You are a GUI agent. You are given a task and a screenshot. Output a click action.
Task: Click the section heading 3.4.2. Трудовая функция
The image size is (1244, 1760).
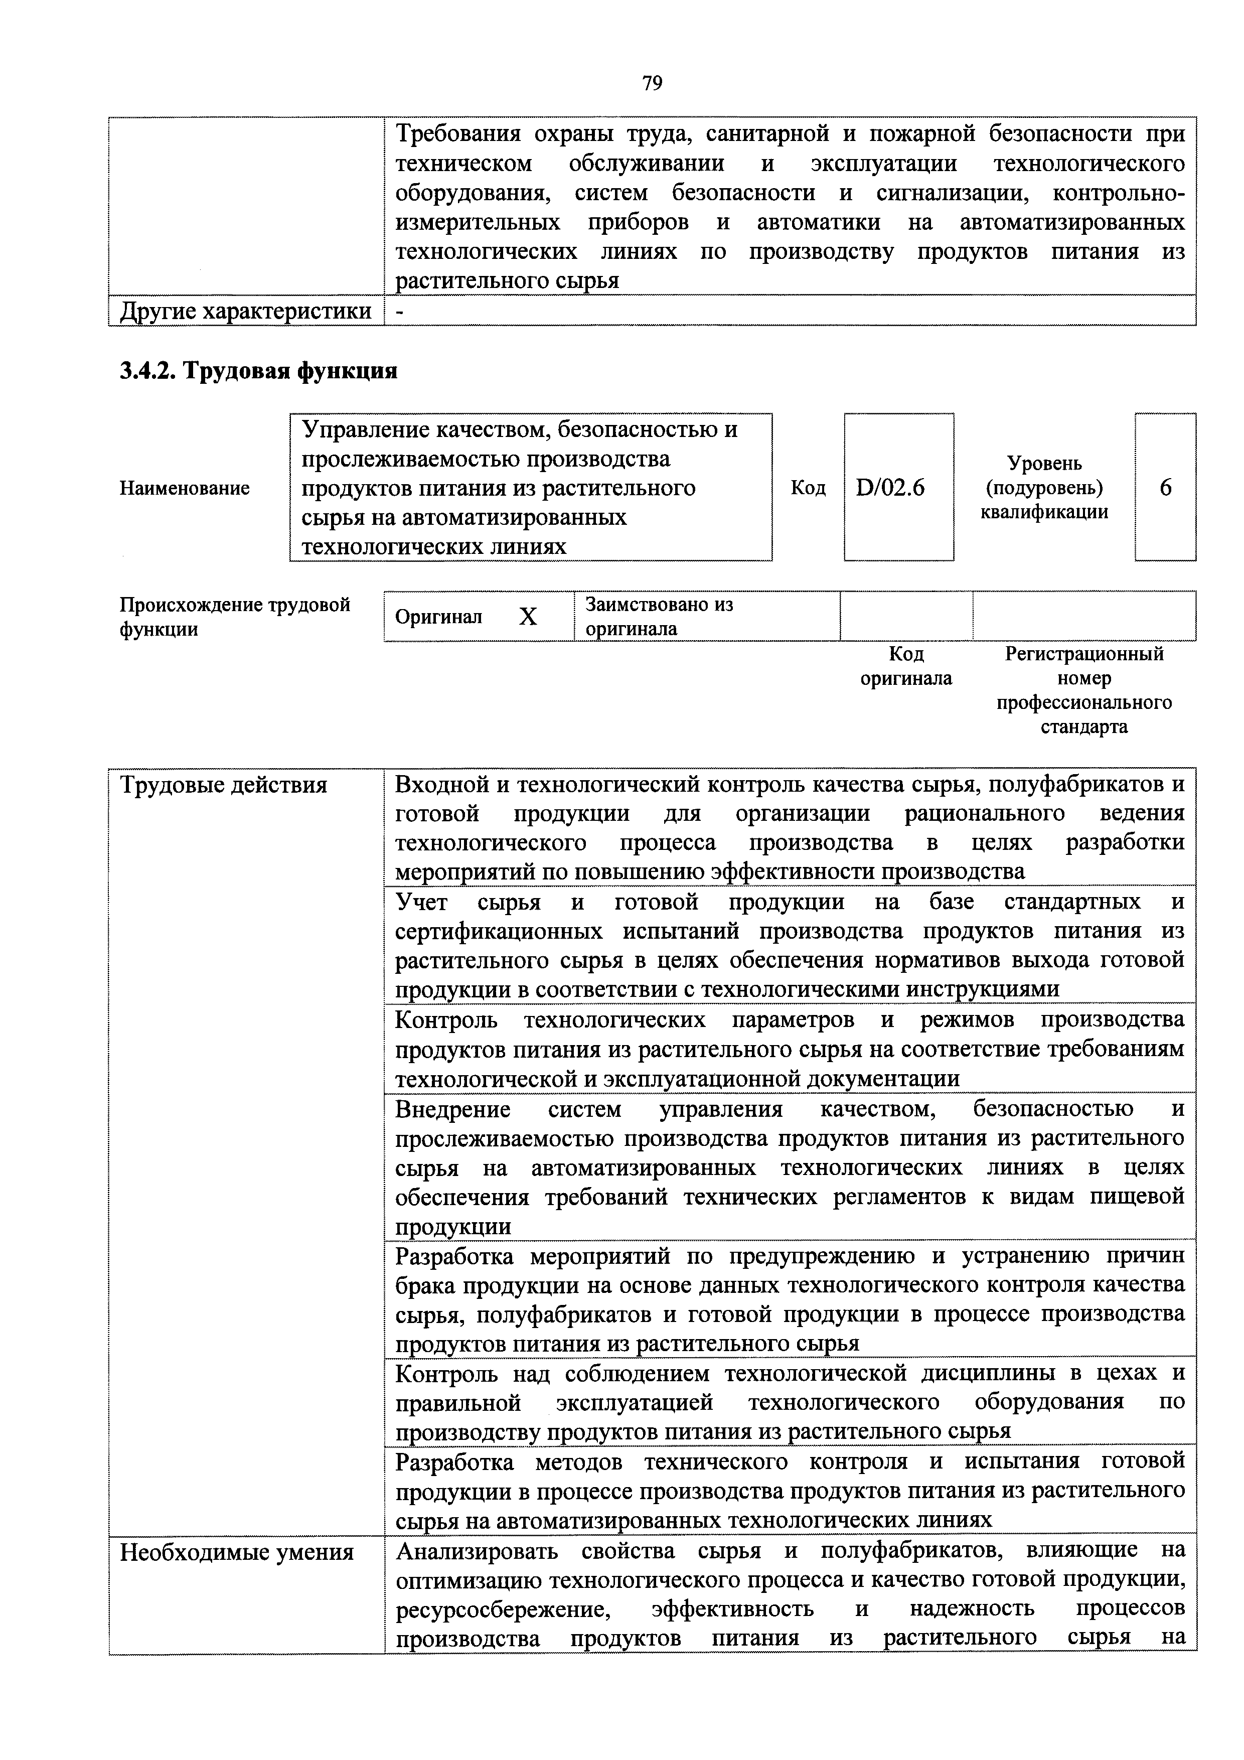258,371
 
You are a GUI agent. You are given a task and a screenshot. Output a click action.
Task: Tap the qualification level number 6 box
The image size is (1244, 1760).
1165,488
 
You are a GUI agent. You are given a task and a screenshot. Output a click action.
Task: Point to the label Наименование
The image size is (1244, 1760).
184,488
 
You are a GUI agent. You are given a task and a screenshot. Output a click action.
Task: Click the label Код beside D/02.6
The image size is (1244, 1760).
808,488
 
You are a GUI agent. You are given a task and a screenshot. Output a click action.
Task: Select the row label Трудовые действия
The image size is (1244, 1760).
224,785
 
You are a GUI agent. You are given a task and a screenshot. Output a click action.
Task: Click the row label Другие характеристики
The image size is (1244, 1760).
245,311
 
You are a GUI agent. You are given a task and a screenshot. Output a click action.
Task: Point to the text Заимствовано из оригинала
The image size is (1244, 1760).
659,616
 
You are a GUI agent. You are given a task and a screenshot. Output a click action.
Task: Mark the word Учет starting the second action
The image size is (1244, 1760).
421,902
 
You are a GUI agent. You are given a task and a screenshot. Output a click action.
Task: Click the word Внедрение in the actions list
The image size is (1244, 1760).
452,1109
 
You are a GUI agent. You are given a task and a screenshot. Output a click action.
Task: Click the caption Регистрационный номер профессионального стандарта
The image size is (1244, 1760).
1084,690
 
